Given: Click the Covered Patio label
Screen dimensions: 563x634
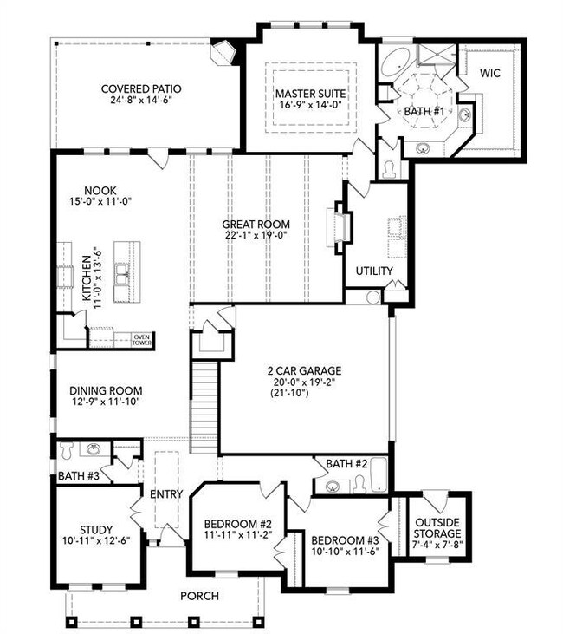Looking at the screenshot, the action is pos(141,88).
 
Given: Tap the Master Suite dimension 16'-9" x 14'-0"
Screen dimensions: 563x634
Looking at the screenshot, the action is pos(311,105).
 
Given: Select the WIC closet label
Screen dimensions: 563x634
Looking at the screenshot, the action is pos(490,73).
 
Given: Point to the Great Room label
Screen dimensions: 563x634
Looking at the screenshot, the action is pos(256,225).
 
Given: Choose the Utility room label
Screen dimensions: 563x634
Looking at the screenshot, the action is pos(374,271).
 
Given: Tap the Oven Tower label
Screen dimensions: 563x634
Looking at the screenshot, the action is pos(142,340).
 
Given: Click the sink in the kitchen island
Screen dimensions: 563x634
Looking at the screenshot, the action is pos(121,274).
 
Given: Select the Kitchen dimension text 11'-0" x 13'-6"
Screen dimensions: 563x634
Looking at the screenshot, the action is pos(98,278).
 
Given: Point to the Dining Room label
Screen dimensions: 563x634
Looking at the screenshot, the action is pos(106,390).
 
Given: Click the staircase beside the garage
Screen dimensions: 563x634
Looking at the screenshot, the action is pos(204,407).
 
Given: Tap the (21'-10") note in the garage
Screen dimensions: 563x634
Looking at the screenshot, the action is pos(289,392).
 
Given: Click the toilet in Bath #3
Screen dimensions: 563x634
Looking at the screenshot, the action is pos(66,450).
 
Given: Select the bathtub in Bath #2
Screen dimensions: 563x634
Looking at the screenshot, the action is pos(379,474).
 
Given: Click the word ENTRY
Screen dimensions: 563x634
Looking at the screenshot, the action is pos(166,494).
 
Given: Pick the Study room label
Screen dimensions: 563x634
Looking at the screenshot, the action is pos(96,530).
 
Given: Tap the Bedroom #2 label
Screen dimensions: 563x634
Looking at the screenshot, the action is pos(238,524).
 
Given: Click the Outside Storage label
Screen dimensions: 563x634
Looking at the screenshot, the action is pos(437,528).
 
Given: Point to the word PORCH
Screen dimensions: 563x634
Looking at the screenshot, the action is pos(199,596).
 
